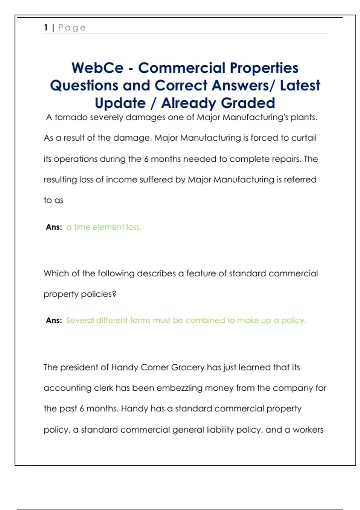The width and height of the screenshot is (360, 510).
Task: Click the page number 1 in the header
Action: pos(46,28)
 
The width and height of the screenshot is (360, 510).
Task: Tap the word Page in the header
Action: pos(72,28)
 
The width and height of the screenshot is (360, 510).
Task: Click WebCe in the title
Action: pos(97,68)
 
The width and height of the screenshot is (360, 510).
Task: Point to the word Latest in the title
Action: pos(300,85)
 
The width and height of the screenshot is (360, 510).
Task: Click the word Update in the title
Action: pos(120,103)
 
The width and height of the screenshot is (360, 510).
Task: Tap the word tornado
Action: pos(71,117)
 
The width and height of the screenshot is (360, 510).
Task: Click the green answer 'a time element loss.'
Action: pos(103,227)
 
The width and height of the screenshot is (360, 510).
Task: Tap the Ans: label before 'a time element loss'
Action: pos(54,227)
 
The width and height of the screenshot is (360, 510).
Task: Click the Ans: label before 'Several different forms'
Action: pos(54,320)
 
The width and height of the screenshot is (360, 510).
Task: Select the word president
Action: pos(79,367)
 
